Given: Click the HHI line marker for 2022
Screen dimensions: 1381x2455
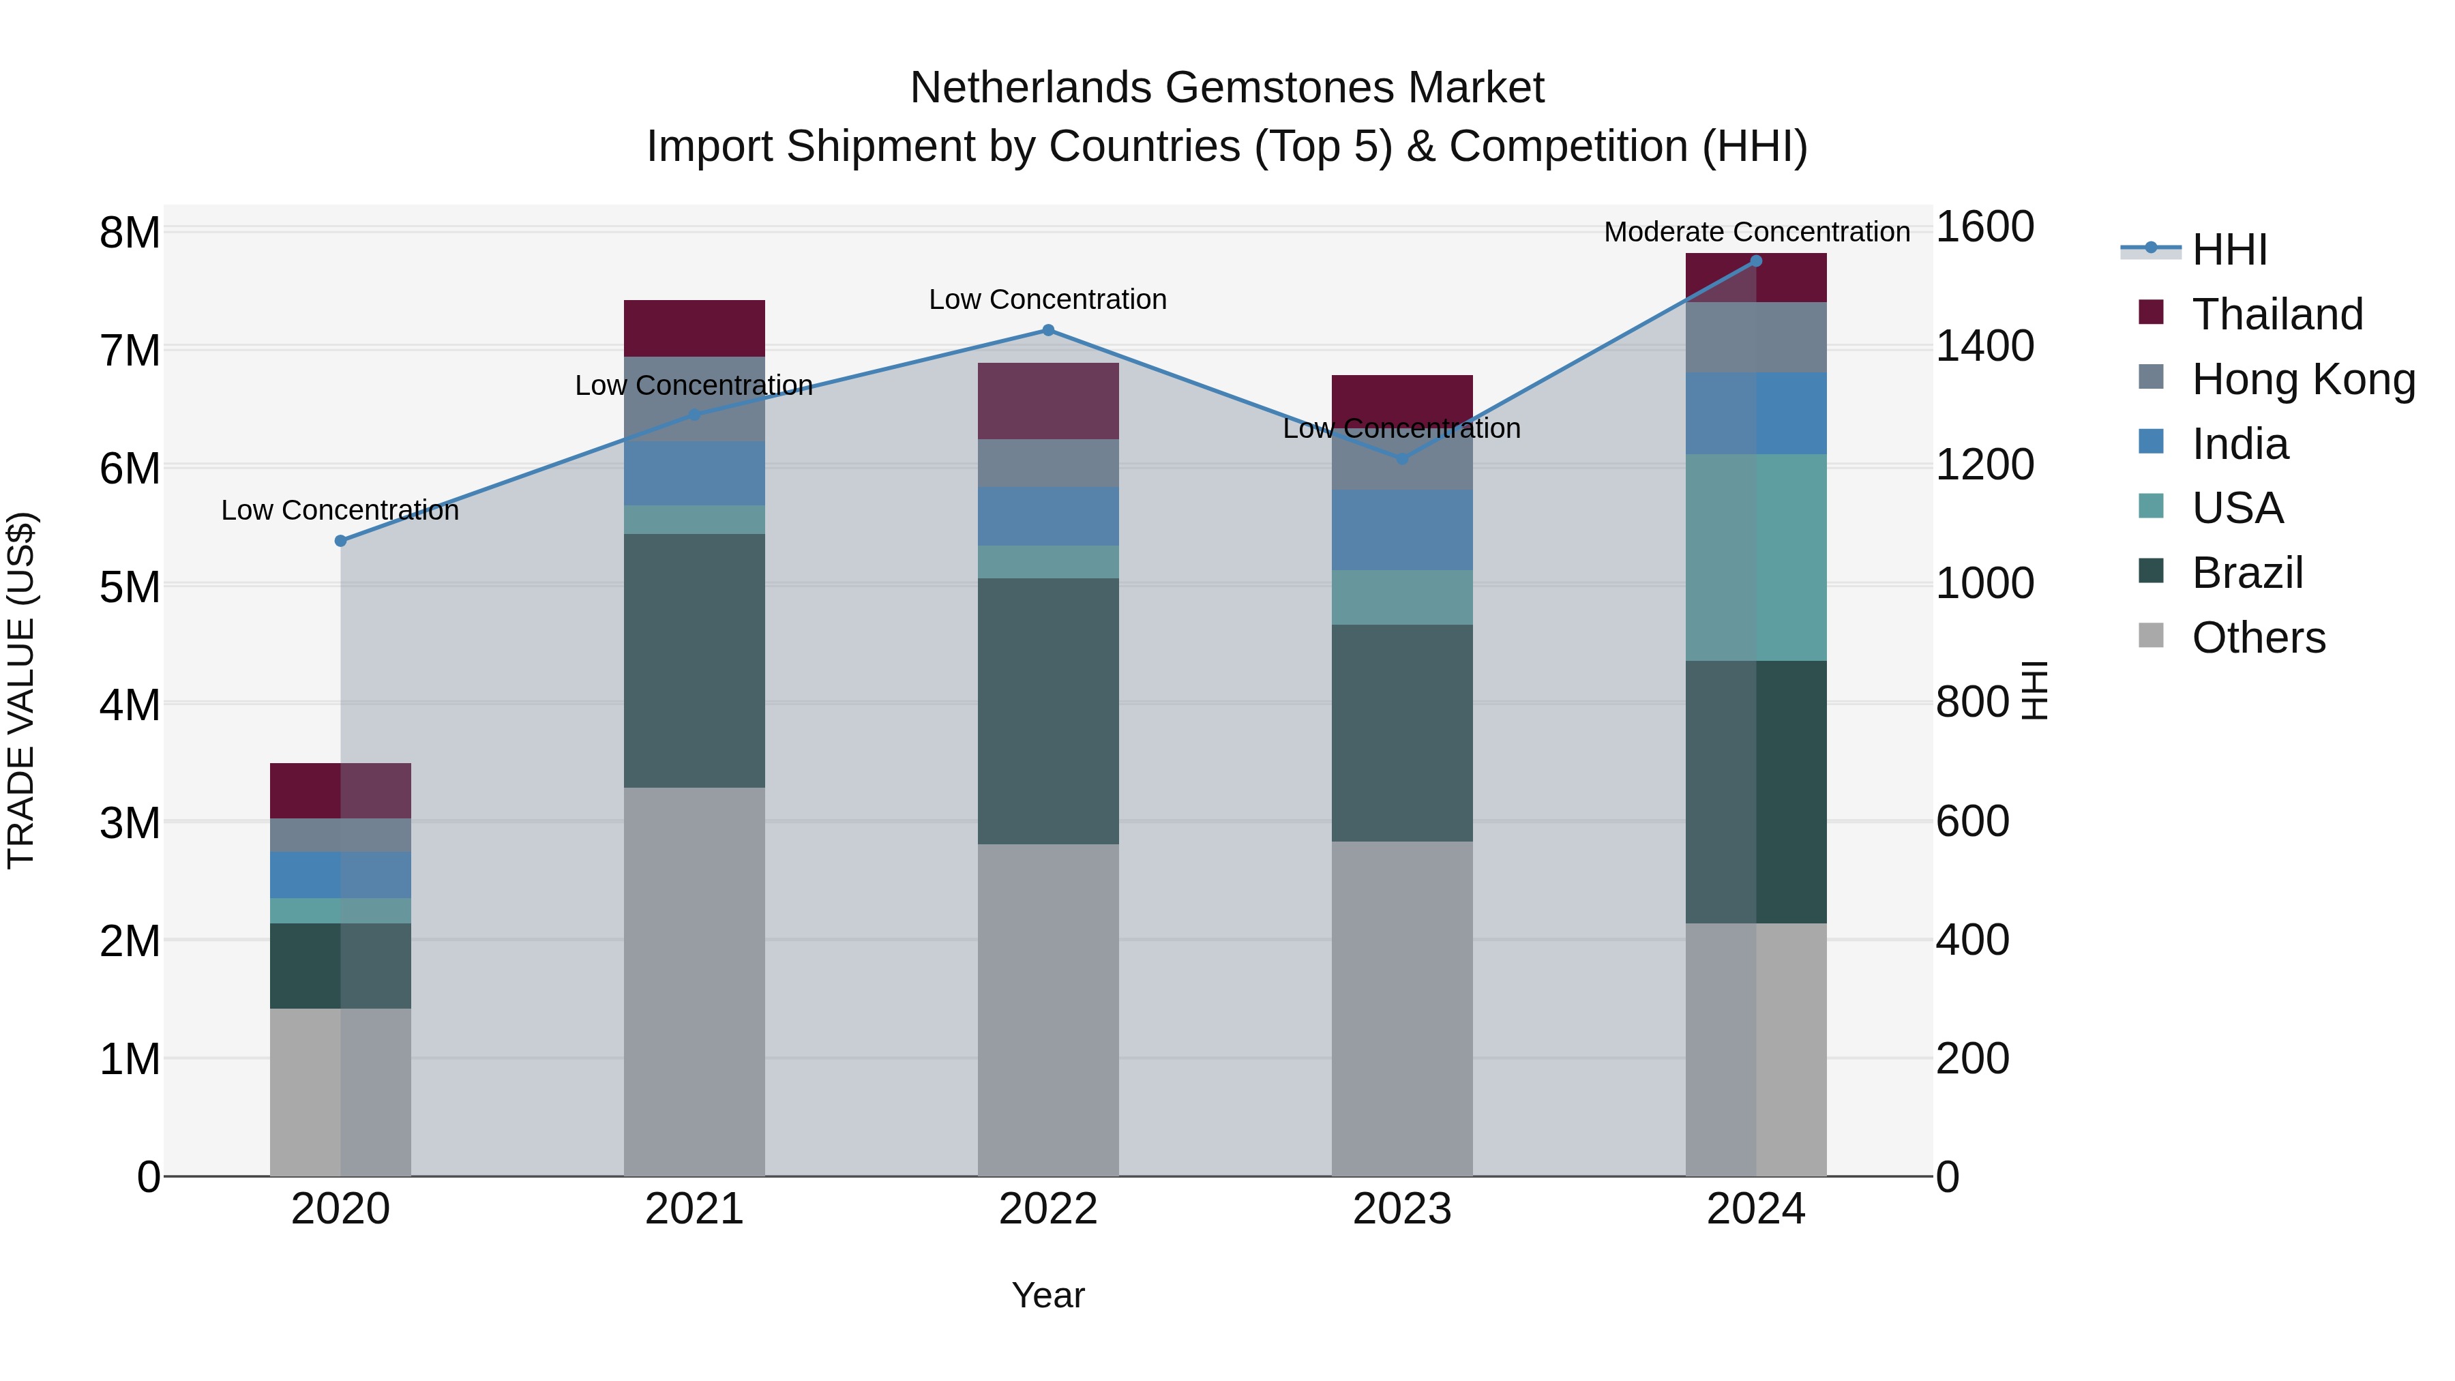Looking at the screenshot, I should tap(1047, 331).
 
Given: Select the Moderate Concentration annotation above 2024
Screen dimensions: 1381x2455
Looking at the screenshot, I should tap(1757, 232).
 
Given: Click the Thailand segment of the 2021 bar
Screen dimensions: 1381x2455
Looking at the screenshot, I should tap(694, 328).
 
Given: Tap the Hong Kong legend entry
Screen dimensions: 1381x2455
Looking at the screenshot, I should tap(2302, 379).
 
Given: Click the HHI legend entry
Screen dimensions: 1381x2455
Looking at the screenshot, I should tap(2228, 250).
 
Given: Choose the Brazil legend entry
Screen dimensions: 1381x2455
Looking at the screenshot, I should tap(2246, 573).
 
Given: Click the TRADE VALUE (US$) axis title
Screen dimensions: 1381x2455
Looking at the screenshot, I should tap(22, 690).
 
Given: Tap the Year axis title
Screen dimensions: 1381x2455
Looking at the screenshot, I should tap(1047, 1295).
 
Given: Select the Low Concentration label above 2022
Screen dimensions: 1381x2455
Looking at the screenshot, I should tap(1047, 299).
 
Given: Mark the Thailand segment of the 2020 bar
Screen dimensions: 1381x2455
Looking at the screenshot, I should tap(340, 790).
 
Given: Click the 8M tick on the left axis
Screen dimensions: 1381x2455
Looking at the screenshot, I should tap(130, 233).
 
